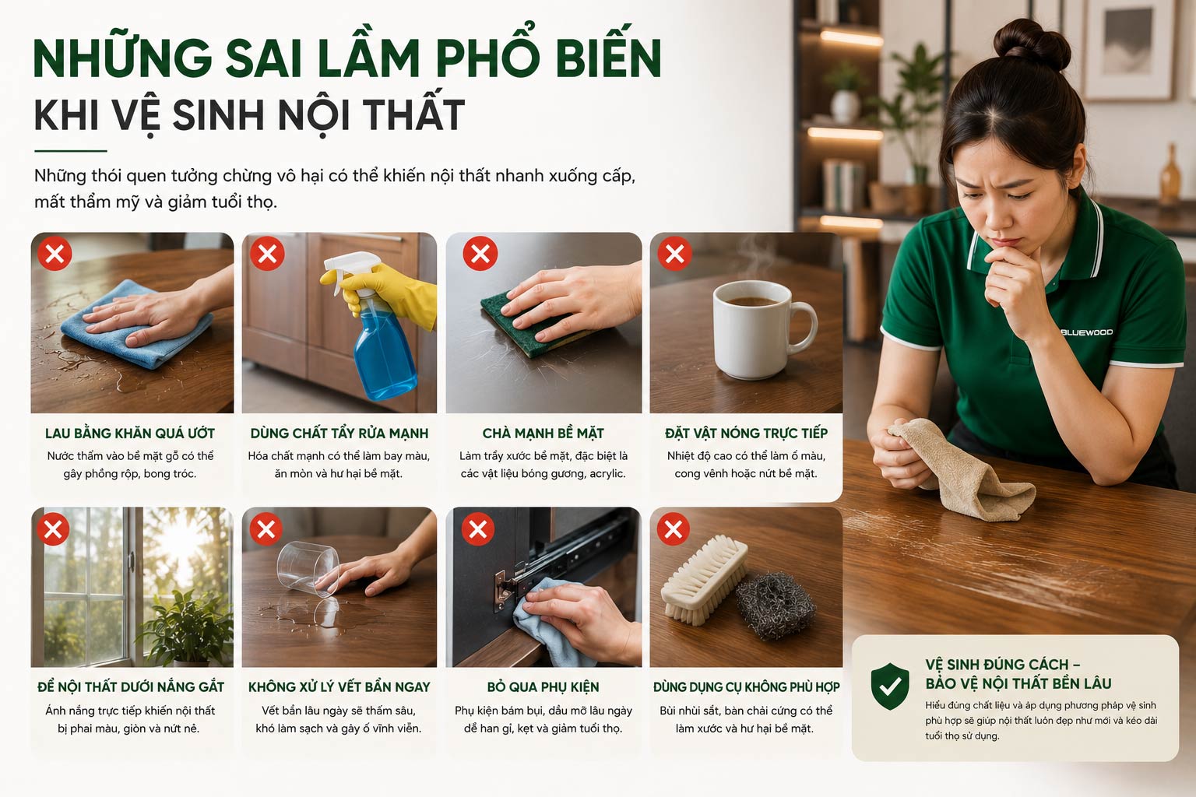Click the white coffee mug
758,329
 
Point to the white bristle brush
704,580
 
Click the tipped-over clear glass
308,568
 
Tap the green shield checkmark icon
889,686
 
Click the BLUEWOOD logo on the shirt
1086,332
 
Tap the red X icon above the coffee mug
674,254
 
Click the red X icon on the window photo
54,529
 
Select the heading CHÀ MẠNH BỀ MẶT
543,433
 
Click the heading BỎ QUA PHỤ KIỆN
543,686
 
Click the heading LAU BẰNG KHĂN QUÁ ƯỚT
130,433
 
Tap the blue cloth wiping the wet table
136,325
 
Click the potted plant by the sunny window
187,628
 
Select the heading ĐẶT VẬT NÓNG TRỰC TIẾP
746,433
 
